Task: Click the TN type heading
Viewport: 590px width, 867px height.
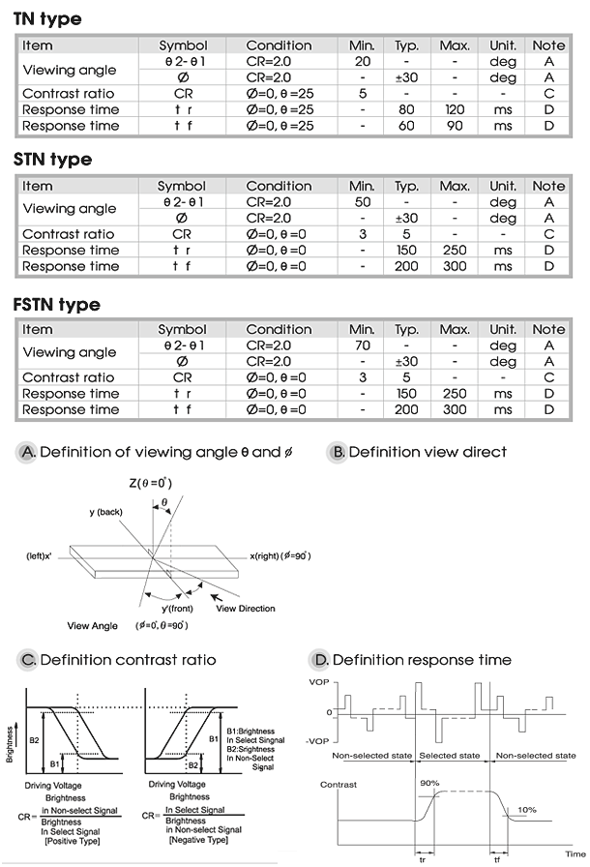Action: (x=47, y=19)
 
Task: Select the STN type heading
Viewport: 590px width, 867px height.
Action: (x=53, y=160)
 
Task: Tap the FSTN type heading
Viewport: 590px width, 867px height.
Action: (x=57, y=304)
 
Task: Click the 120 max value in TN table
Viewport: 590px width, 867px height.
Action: (x=454, y=109)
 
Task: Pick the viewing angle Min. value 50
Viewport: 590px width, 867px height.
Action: (x=362, y=201)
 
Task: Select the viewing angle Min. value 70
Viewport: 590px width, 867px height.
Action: (x=362, y=345)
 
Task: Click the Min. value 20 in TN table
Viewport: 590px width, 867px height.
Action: (x=362, y=61)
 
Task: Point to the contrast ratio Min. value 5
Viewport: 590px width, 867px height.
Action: (x=362, y=94)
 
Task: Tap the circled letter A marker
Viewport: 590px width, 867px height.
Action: (x=28, y=452)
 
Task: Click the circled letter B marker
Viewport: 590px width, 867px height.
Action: (x=337, y=452)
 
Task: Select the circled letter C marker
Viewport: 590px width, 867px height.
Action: (x=28, y=660)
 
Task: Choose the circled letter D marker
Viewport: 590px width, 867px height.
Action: (x=320, y=660)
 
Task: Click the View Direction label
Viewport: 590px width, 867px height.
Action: (x=246, y=609)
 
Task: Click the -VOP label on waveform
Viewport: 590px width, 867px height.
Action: (x=319, y=740)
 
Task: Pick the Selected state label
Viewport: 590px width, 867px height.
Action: (x=453, y=755)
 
